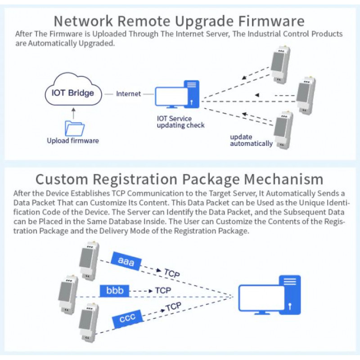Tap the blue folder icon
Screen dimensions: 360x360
pyautogui.click(x=74, y=128)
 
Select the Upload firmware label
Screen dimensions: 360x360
pyautogui.click(x=73, y=141)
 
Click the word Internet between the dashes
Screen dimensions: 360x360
pyautogui.click(x=128, y=94)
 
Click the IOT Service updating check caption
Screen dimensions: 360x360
pyautogui.click(x=180, y=122)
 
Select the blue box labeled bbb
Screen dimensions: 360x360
pyautogui.click(x=114, y=290)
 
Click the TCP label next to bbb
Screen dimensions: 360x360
pyautogui.click(x=163, y=291)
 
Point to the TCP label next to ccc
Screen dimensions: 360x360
pyautogui.click(x=173, y=307)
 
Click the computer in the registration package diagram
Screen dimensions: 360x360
pyautogui.click(x=270, y=295)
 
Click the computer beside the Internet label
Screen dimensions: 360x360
pyautogui.click(x=178, y=94)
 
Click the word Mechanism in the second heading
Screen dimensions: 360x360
pyautogui.click(x=283, y=179)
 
